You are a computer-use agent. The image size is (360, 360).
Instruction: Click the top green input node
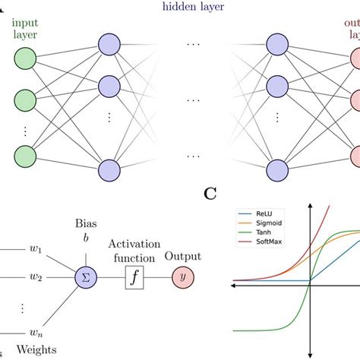(25, 58)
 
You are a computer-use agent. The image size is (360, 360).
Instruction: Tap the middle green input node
(25, 99)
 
